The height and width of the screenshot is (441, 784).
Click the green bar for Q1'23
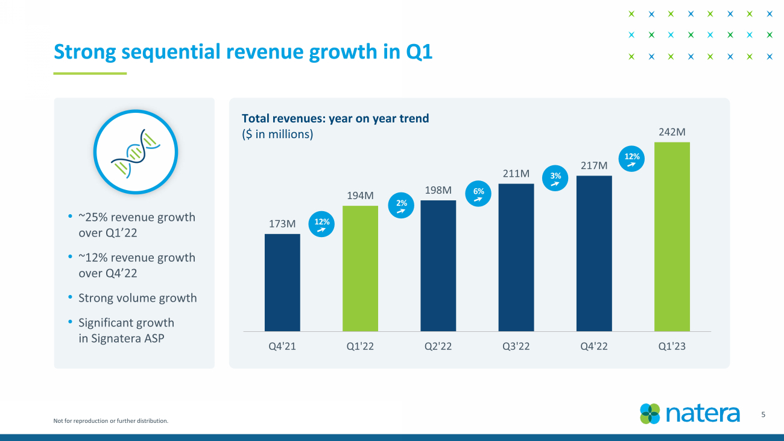pyautogui.click(x=672, y=236)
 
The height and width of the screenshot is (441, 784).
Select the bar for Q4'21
pyautogui.click(x=282, y=282)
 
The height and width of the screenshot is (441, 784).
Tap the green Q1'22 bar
pyautogui.click(x=360, y=268)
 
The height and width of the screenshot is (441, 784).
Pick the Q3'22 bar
pyautogui.click(x=516, y=257)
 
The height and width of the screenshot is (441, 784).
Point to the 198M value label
pyautogui.click(x=438, y=191)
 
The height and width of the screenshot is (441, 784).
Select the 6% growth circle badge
pyautogui.click(x=479, y=194)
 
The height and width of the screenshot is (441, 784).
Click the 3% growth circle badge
pyautogui.click(x=556, y=179)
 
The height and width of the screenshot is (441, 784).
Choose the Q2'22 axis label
pyautogui.click(x=438, y=347)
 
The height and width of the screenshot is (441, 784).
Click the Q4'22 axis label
pyautogui.click(x=594, y=347)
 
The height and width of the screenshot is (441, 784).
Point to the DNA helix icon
pyautogui.click(x=135, y=151)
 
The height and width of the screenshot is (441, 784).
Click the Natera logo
pyautogui.click(x=690, y=414)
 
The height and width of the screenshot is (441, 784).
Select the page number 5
pyautogui.click(x=763, y=414)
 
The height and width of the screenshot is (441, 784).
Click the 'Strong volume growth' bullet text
pyautogui.click(x=138, y=298)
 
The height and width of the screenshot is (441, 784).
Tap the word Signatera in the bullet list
pyautogui.click(x=116, y=338)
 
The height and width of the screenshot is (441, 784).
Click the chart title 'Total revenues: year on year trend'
pyautogui.click(x=335, y=118)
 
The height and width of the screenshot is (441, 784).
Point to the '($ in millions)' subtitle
pyautogui.click(x=277, y=134)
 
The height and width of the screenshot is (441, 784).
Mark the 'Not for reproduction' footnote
pyautogui.click(x=111, y=420)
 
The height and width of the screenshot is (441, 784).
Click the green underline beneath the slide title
pyautogui.click(x=90, y=74)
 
